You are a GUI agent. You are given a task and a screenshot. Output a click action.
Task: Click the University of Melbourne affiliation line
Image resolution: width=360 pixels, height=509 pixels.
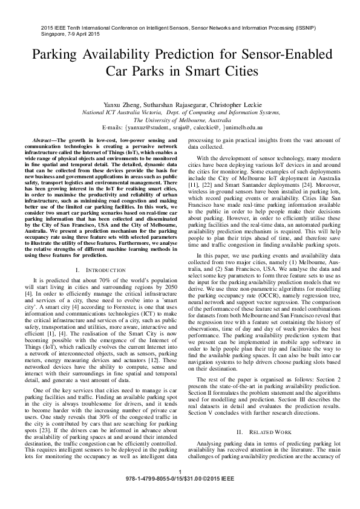pos(180,120)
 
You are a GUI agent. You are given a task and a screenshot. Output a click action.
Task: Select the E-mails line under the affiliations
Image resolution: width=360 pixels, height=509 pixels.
pos(180,128)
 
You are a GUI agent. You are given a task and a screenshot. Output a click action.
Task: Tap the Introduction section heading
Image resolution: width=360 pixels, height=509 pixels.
pos(100,268)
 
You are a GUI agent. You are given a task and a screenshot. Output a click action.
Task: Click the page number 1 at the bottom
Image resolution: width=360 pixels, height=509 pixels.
pos(180,488)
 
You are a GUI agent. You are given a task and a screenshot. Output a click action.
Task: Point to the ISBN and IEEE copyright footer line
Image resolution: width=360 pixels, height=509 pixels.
pos(180,494)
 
